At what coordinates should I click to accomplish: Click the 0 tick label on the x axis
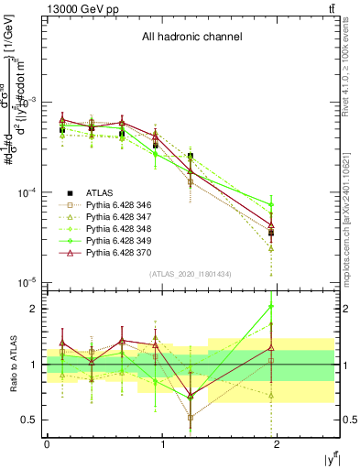coord(47,445)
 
